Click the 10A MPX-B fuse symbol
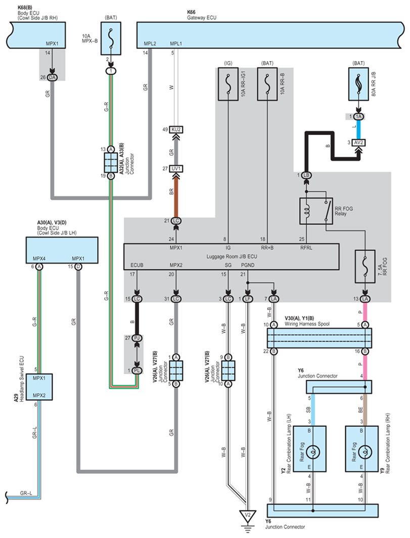pos(111,38)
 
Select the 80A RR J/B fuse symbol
pos(358,84)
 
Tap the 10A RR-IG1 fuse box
pos(228,84)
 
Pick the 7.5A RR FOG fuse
pos(365,266)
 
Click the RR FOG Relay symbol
pos(316,211)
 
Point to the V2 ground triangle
pos(247,516)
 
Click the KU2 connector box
pos(176,129)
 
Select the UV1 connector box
pos(176,168)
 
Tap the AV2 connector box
pos(358,143)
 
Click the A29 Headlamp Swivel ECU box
pos(39,387)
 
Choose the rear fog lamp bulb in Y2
pos(312,452)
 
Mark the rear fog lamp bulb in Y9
pos(365,452)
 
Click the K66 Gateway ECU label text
pos(202,15)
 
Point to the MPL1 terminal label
pos(176,43)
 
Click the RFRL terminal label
pos(306,248)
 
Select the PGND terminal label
pos(248,265)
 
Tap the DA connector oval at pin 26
pos(52,77)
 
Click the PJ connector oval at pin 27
pos(137,338)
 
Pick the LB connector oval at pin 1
pos(306,175)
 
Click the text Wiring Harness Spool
pos(307,324)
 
